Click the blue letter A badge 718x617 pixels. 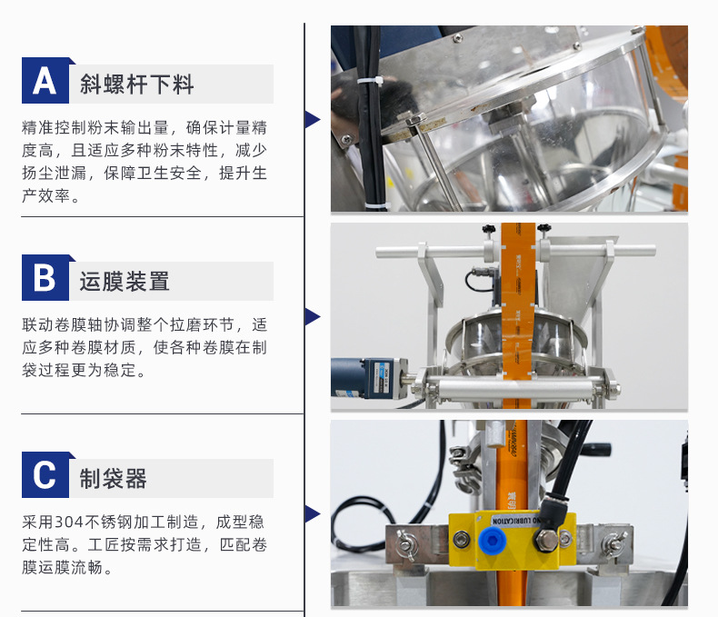pos(45,81)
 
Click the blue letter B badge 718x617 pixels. pos(45,277)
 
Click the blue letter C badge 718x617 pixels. pos(45,474)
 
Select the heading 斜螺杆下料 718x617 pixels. pos(137,85)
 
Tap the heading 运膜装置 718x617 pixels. pos(125,281)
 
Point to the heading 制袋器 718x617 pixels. pos(113,478)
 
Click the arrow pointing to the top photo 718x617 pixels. pos(313,119)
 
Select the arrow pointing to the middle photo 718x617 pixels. pos(313,317)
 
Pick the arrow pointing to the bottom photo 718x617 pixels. pos(313,514)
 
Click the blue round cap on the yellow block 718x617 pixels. pos(490,540)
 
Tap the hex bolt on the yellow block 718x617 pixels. pos(545,540)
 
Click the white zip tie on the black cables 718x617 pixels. pos(370,81)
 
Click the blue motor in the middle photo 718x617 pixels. pos(369,378)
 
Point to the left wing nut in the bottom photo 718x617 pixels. pos(406,543)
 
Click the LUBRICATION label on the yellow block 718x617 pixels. pos(516,520)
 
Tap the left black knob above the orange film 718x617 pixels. pos(489,229)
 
